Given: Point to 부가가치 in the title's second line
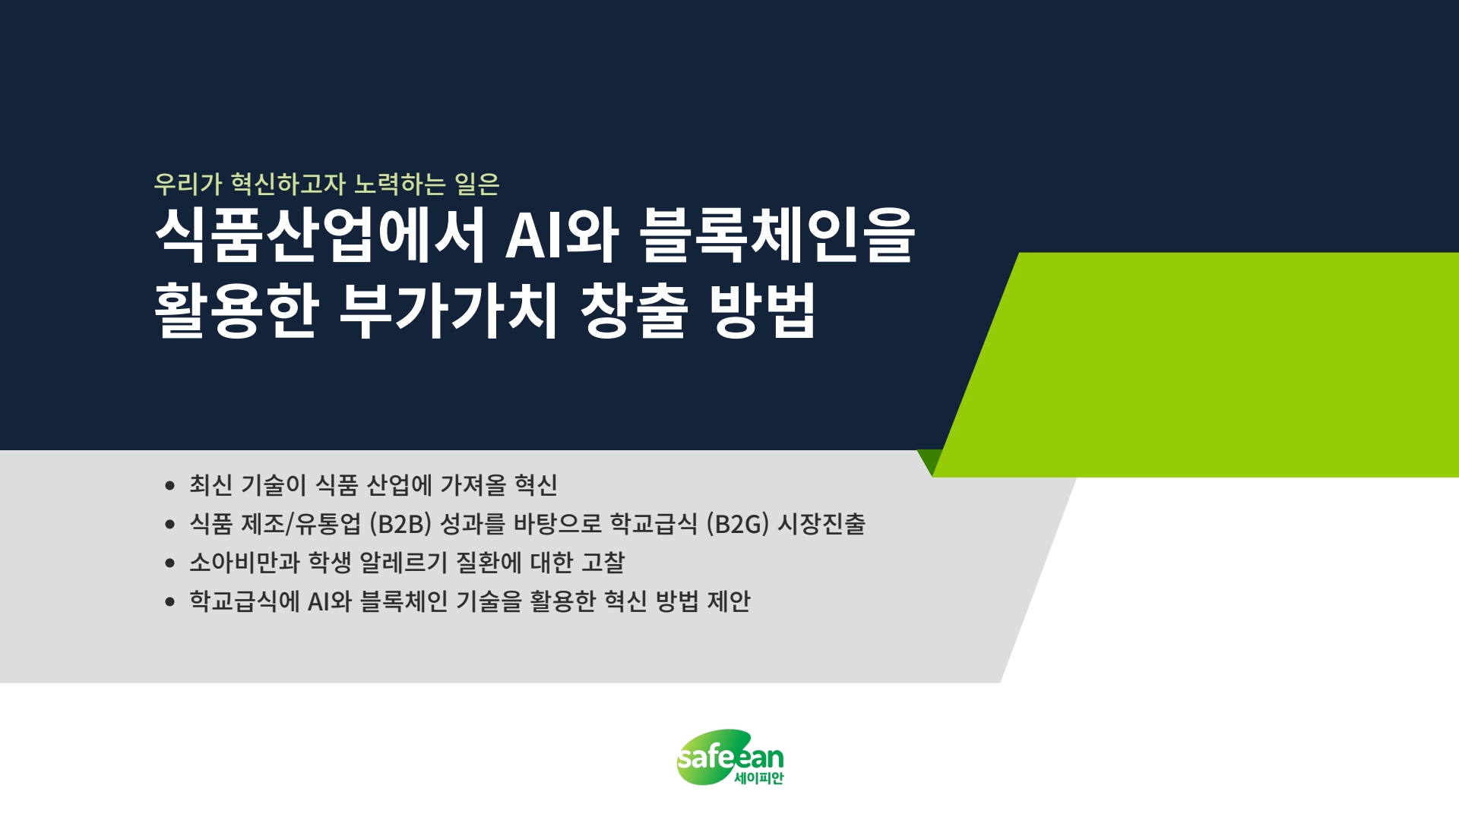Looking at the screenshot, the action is click(x=449, y=310).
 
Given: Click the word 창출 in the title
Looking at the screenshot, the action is click(x=635, y=310).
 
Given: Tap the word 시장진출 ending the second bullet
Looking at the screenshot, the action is click(x=821, y=524).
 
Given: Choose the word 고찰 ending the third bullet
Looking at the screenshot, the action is click(x=603, y=563).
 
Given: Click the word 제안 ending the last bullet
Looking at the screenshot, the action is click(x=729, y=601).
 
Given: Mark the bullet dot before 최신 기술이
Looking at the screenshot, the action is click(x=170, y=486).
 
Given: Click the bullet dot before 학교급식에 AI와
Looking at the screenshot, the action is click(x=170, y=602).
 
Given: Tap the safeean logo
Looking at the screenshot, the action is click(x=729, y=757).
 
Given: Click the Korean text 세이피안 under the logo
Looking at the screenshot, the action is click(x=758, y=777).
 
